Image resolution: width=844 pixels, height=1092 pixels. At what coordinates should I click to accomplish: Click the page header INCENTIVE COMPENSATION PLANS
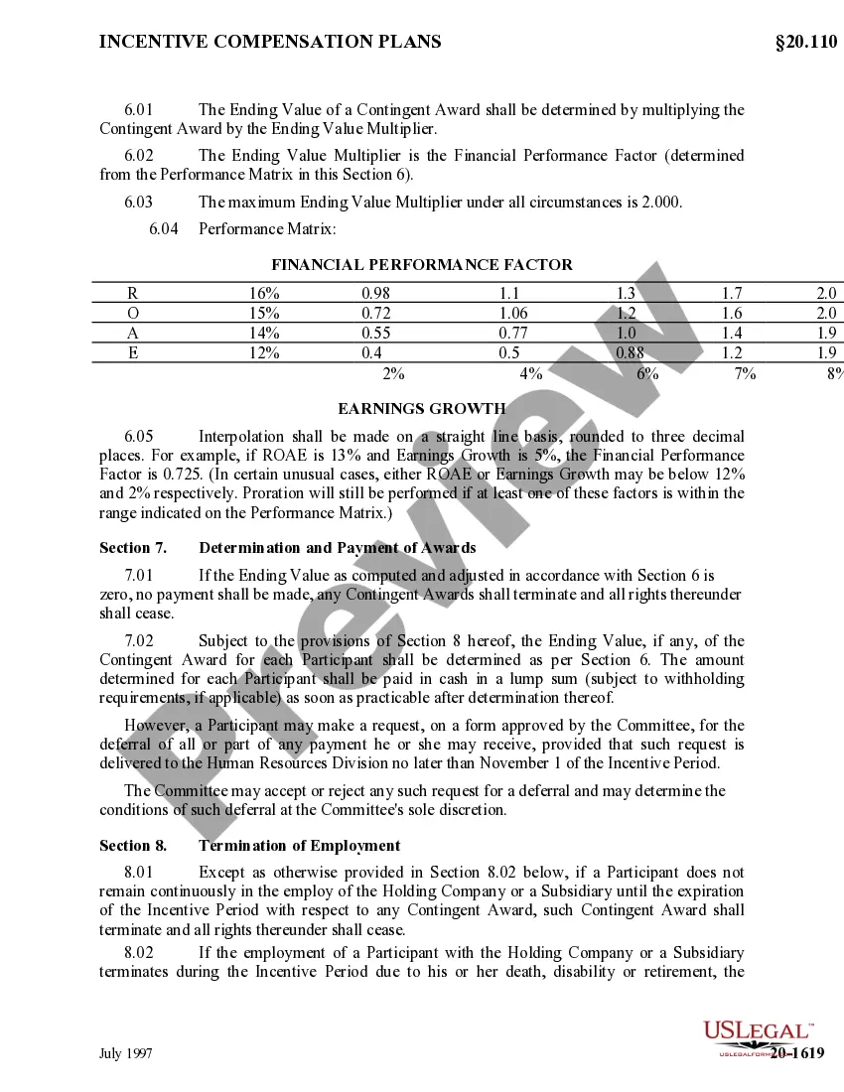coord(270,42)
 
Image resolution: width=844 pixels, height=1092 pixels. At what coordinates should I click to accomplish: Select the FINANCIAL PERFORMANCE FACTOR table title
coord(422,265)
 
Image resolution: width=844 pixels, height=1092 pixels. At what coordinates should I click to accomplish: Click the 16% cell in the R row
coord(264,294)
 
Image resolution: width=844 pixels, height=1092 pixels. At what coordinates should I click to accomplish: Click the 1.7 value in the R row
coord(732,294)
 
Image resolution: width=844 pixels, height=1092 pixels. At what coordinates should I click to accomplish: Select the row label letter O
coord(133,314)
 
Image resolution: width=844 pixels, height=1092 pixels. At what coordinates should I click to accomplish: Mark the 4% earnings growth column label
coord(530,374)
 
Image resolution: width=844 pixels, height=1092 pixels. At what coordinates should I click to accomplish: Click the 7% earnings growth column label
coord(746,374)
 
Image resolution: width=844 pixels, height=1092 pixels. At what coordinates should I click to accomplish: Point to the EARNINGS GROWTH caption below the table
coord(422,409)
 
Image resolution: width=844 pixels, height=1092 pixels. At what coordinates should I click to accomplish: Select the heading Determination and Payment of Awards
coord(338,548)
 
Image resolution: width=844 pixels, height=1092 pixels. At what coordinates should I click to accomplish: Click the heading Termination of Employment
coord(300,846)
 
